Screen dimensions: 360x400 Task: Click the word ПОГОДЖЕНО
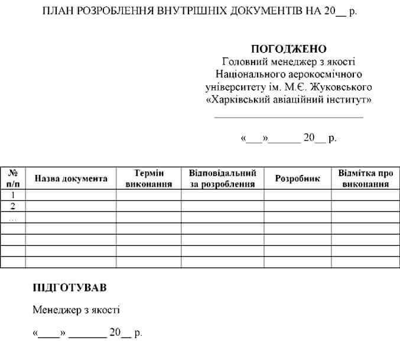coord(289,48)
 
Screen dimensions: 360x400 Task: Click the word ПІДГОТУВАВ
coord(70,288)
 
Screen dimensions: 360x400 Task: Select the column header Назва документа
coord(71,179)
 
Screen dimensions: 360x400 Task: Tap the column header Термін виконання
coord(148,179)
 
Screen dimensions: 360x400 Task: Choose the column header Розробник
coord(297,179)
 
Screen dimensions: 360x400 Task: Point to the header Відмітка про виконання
coord(365,179)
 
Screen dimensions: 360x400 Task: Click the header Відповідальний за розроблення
coord(222,179)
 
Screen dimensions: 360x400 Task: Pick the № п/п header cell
coord(13,179)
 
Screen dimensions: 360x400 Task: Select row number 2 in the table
coord(13,206)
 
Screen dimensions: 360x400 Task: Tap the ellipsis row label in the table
coord(13,217)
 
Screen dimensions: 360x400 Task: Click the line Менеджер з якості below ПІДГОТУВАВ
coord(76,310)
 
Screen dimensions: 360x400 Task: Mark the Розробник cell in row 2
coord(297,206)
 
